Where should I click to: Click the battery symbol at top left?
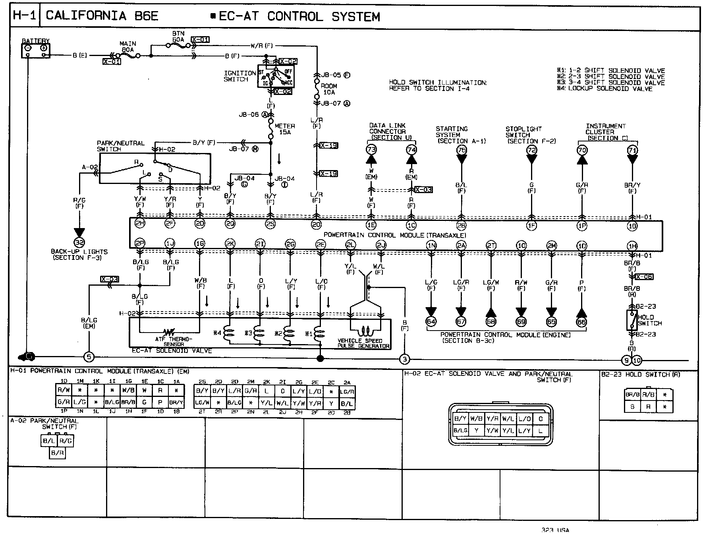(x=36, y=50)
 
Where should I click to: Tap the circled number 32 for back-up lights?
(x=79, y=242)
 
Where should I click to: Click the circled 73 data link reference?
(x=371, y=150)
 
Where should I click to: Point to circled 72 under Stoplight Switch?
(x=531, y=150)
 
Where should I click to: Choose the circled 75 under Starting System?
(x=461, y=150)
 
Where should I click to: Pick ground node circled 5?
(x=89, y=357)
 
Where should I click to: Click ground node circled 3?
(x=404, y=360)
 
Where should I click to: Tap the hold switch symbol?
(x=632, y=320)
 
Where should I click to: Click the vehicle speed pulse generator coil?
(x=365, y=331)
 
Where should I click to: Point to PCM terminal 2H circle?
(x=140, y=223)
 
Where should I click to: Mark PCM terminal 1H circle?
(x=632, y=246)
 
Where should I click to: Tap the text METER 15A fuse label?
(x=285, y=129)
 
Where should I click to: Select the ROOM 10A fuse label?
(x=329, y=89)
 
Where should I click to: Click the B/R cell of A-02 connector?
(x=58, y=453)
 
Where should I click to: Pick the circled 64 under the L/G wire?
(x=431, y=322)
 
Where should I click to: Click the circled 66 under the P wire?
(x=581, y=322)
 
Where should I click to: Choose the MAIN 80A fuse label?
(x=127, y=46)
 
